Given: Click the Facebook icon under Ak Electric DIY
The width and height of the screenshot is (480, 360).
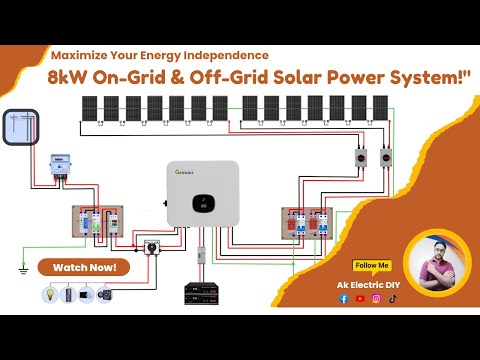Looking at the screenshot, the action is (342, 298).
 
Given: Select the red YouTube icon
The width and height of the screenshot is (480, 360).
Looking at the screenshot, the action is (359, 298).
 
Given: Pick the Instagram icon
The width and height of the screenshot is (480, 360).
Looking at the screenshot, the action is (376, 298).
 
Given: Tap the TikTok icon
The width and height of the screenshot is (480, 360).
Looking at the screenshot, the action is (393, 298).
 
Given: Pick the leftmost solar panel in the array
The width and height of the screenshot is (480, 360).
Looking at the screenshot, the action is (89, 109).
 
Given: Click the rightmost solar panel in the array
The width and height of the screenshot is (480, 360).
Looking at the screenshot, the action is (379, 109).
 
